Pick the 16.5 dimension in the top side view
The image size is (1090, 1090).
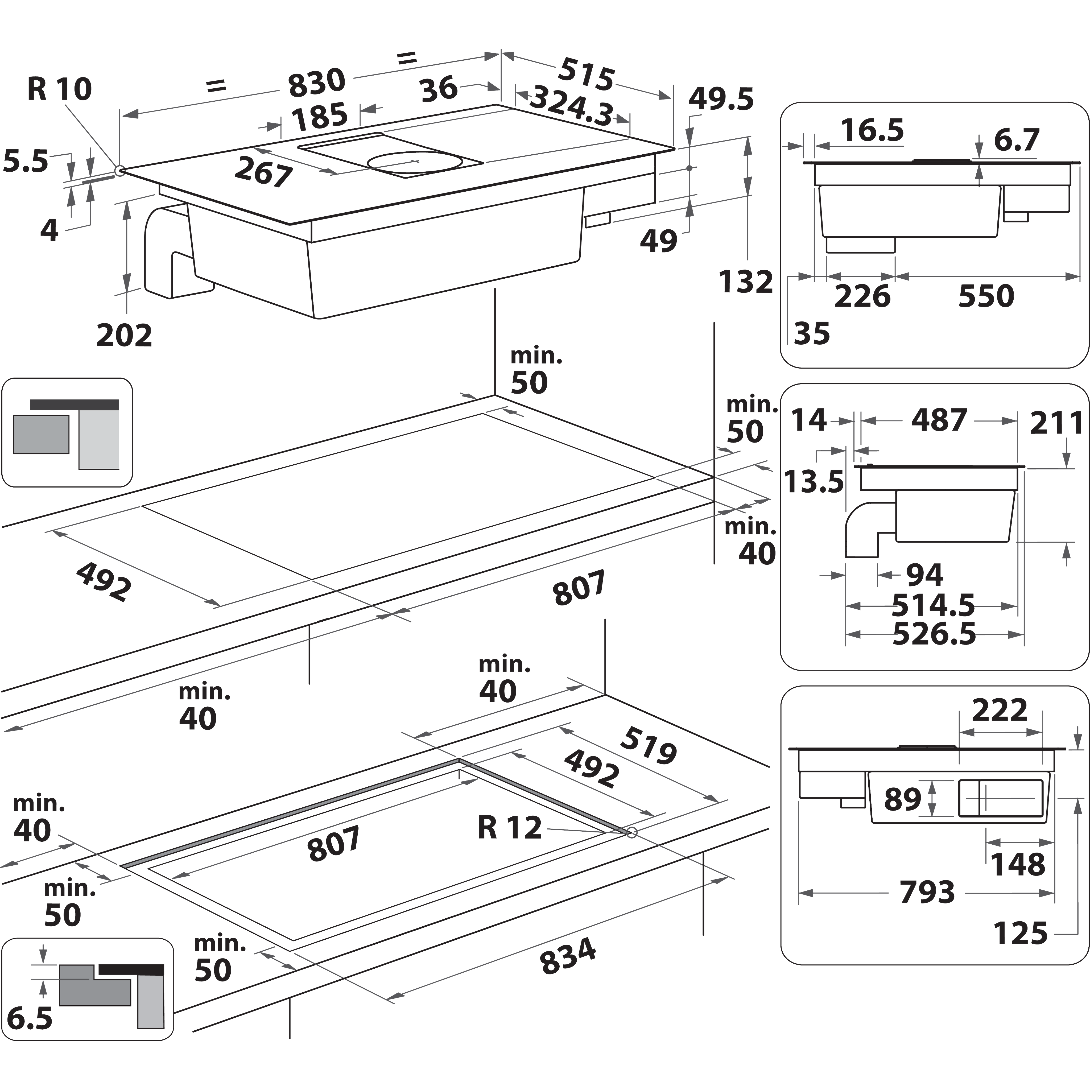pos(872,130)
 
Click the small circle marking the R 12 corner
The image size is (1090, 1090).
pos(631,832)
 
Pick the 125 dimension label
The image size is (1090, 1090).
pos(1020,933)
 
